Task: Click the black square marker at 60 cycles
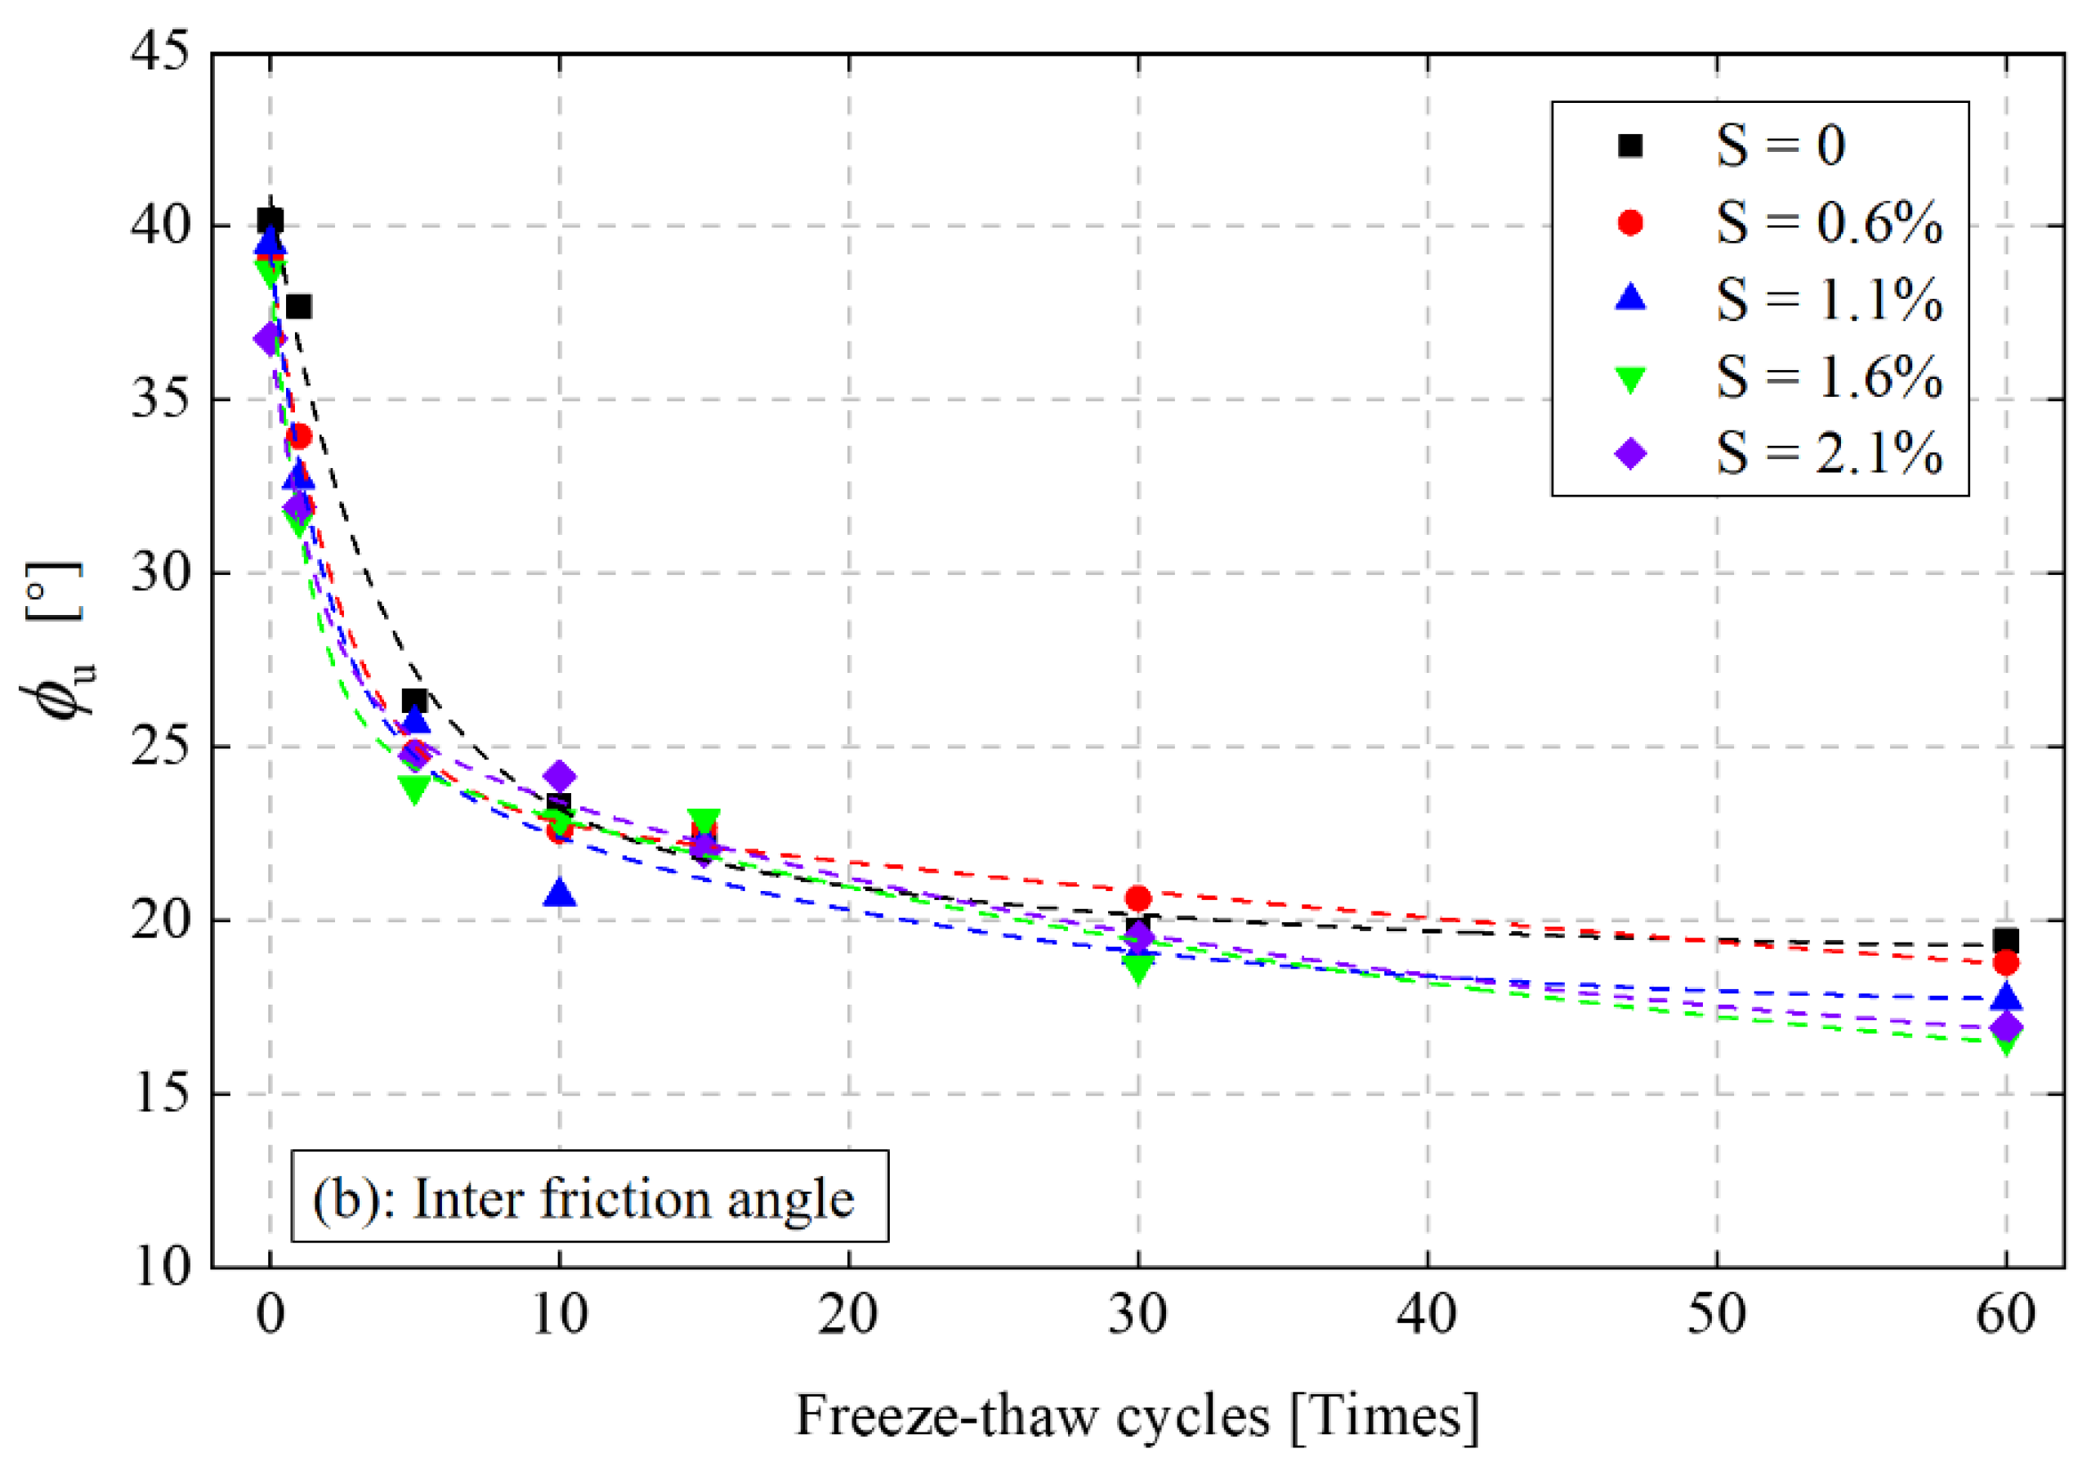tap(2005, 941)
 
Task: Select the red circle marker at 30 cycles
tap(1137, 898)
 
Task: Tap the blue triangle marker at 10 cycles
tap(560, 894)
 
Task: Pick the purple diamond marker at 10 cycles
tap(560, 777)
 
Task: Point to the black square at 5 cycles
tap(414, 701)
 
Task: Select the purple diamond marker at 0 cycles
tap(270, 340)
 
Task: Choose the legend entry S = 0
tap(1780, 146)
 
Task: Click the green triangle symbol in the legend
tap(1630, 379)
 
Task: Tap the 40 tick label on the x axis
tap(1427, 1316)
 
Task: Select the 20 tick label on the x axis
tap(848, 1316)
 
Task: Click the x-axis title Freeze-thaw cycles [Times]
tap(1137, 1416)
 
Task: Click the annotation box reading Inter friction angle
tap(590, 1197)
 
